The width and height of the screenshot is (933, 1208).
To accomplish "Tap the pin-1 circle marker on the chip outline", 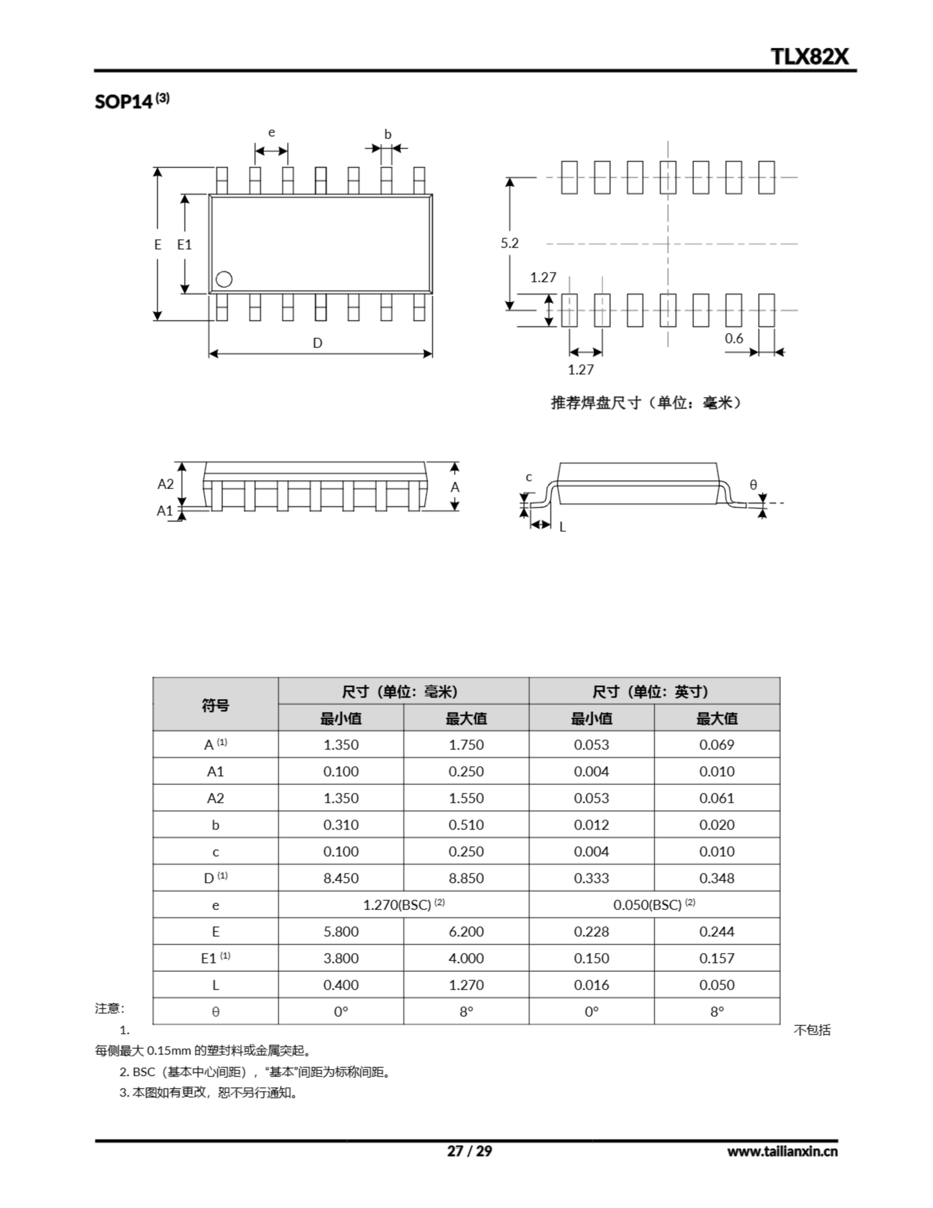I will (224, 279).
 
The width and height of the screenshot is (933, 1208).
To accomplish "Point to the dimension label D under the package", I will (317, 343).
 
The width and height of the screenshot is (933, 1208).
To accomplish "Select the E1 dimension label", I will (184, 244).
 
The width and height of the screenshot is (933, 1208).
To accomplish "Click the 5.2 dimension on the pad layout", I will (509, 243).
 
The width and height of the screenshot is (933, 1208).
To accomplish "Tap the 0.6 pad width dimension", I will (734, 338).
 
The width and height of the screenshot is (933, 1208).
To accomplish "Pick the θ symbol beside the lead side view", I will (753, 485).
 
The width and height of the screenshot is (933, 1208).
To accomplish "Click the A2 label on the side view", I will (166, 484).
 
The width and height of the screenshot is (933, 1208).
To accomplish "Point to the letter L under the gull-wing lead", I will (562, 527).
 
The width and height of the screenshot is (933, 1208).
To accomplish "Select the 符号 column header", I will (215, 705).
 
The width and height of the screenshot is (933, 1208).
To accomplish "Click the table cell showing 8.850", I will (466, 878).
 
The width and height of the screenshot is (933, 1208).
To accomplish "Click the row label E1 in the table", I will (215, 958).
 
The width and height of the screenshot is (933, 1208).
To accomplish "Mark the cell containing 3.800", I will (341, 958).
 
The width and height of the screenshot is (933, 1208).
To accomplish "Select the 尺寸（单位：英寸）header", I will (654, 691).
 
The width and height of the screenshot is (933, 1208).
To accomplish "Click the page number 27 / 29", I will (469, 1151).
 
